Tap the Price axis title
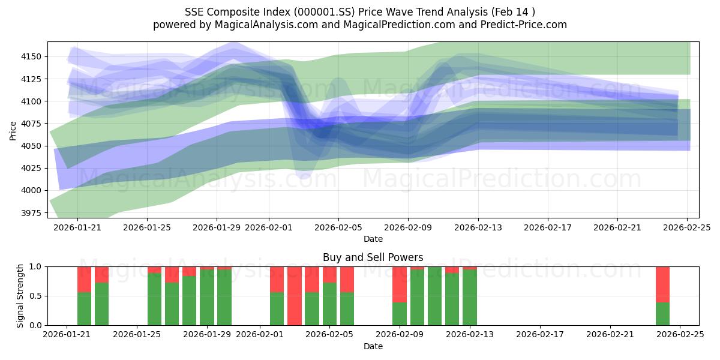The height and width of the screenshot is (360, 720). tap(13, 130)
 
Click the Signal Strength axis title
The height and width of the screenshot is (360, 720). tap(21, 296)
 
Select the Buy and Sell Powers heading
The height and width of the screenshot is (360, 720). tap(373, 257)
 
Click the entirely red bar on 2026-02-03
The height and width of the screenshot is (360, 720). tap(295, 296)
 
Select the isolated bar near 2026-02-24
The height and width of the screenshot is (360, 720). tap(662, 296)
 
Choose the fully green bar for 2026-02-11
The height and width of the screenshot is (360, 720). tap(434, 296)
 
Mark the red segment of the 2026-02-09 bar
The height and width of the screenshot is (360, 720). tap(400, 284)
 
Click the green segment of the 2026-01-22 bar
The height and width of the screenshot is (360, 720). tap(84, 308)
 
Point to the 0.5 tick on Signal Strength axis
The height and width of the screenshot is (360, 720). tap(37, 296)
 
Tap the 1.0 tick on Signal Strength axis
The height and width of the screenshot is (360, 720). tap(37, 266)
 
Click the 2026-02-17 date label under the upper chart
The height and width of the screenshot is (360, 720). tap(547, 228)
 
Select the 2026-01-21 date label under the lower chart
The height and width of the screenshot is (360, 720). tap(67, 335)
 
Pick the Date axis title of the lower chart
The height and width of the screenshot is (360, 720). tap(373, 346)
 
